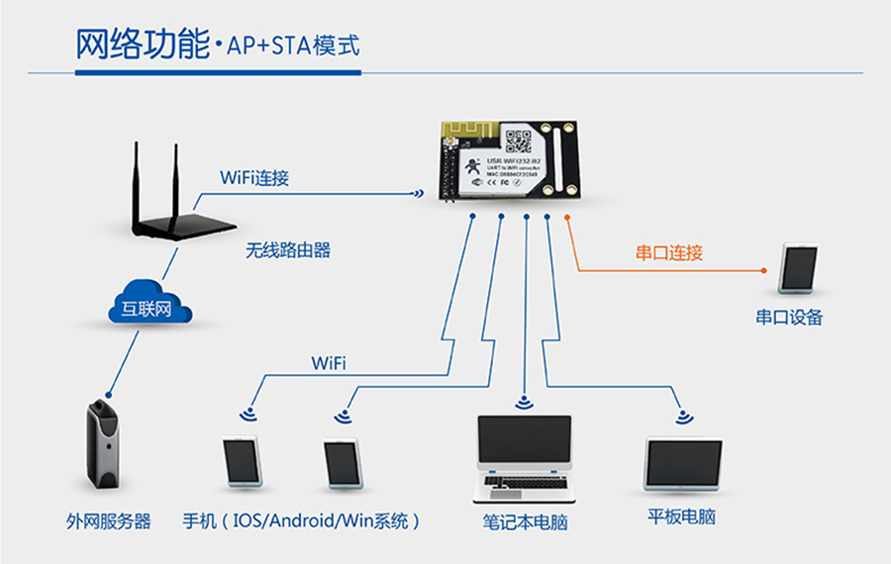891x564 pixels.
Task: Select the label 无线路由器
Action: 288,251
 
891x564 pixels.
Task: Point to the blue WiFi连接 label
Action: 254,179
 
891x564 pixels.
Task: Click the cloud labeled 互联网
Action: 147,308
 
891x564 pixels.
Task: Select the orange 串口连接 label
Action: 669,253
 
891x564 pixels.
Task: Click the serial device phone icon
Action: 798,266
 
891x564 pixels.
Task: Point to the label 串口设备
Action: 789,318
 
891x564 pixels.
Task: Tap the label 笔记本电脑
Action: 526,521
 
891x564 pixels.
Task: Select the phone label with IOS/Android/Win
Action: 301,521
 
